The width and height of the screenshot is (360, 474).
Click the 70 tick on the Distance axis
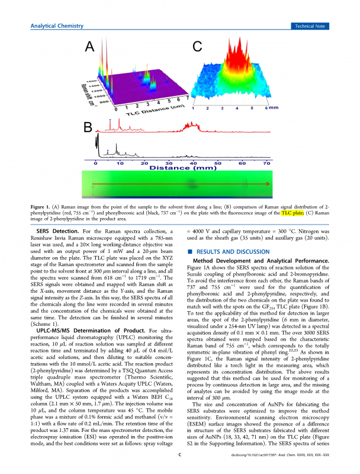coord(266,162)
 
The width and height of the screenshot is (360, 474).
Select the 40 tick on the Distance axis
coord(194,162)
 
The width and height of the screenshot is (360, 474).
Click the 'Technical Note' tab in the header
coord(310,25)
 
